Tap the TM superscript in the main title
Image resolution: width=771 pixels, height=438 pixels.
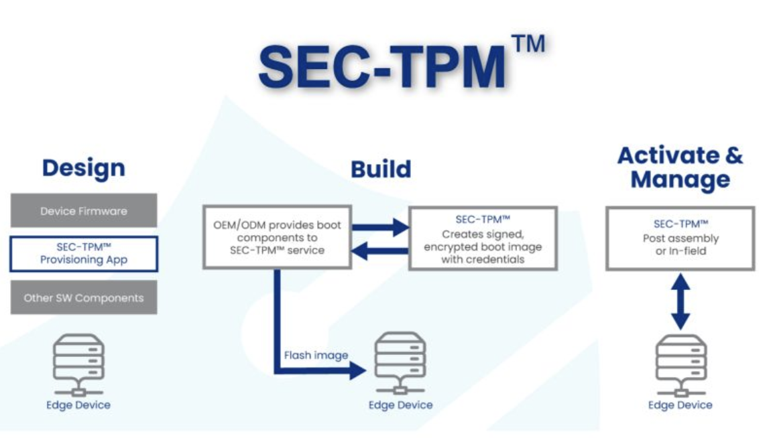click(x=528, y=44)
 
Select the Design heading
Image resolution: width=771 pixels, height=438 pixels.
click(x=84, y=168)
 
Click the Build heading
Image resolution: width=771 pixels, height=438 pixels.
click(x=381, y=169)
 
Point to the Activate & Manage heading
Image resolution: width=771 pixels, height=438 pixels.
click(x=680, y=167)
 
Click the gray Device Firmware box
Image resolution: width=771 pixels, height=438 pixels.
click(x=84, y=211)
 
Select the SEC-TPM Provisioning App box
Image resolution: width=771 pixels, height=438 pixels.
click(x=84, y=253)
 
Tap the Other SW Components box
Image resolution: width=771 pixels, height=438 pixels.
click(x=84, y=297)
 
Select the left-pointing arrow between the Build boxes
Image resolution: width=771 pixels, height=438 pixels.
click(x=379, y=251)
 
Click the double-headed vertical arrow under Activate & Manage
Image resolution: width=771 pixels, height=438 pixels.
click(x=680, y=301)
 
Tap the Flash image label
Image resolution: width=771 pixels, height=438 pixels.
click(x=316, y=355)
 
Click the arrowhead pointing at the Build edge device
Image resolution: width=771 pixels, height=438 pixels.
click(x=357, y=370)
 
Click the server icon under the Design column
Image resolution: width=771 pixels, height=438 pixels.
click(x=78, y=364)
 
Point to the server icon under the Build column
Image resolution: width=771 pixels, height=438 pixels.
click(x=400, y=363)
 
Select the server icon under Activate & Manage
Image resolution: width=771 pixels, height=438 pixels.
click(x=681, y=365)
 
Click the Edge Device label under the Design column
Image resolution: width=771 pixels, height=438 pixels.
click(x=78, y=405)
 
